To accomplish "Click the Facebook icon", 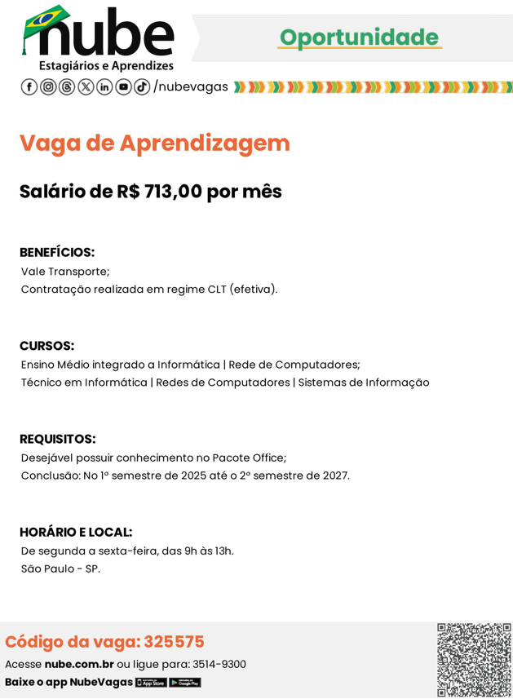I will point(29,87).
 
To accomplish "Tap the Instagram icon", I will point(48,87).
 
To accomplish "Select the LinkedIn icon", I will point(104,87).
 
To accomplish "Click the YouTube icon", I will point(123,87).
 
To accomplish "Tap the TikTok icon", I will point(142,87).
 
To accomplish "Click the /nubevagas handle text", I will point(191,87).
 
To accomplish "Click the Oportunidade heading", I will point(359,38).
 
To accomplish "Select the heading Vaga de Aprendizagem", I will point(155,143).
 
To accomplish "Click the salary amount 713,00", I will point(173,192).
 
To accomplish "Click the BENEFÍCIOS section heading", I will point(57,253).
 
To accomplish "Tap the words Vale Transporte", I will point(64,272).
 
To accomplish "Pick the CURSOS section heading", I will point(46,346).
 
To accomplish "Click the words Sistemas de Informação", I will point(364,383).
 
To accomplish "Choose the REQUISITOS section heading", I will point(57,440).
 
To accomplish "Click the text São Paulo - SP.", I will point(60,569).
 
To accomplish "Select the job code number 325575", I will point(174,642).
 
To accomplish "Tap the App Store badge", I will point(151,683).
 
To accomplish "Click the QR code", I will point(474,660).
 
